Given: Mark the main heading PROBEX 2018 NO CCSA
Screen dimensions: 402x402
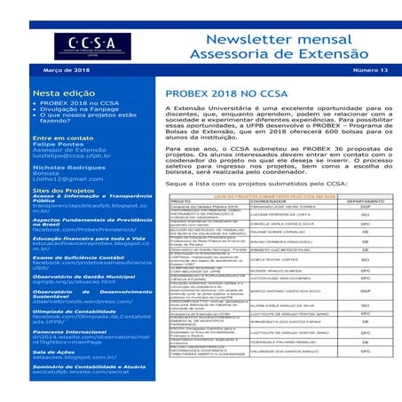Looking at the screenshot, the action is pos(242,92).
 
